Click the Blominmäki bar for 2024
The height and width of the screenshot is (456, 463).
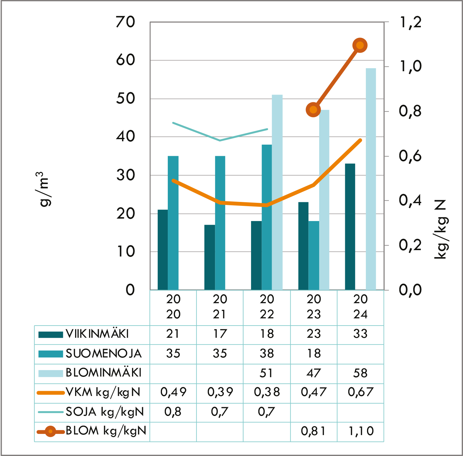[x=371, y=179]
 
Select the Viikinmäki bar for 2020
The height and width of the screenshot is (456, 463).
[x=163, y=250]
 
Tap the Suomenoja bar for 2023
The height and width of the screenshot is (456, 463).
[x=314, y=255]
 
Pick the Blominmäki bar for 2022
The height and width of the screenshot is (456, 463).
[x=277, y=192]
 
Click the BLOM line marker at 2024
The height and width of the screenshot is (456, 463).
[x=360, y=45]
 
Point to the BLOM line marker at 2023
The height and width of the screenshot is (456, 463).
[x=313, y=109]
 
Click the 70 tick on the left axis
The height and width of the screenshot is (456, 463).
[x=125, y=22]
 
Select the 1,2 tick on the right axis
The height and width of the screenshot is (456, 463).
[x=410, y=22]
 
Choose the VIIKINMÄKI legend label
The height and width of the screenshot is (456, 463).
[x=97, y=334]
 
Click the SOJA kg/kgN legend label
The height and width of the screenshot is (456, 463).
[x=105, y=412]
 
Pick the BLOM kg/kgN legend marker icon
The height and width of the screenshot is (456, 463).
[x=50, y=431]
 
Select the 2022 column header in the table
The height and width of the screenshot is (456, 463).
[x=266, y=307]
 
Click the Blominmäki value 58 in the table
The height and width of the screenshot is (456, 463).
[x=360, y=373]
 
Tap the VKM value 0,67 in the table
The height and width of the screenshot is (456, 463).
[x=360, y=392]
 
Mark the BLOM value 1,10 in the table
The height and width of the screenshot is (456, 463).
[x=361, y=431]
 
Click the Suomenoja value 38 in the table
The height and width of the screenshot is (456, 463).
[x=266, y=354]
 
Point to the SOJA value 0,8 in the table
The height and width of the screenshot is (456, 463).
[x=173, y=412]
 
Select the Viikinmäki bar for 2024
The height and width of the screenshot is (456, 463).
[x=350, y=226]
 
